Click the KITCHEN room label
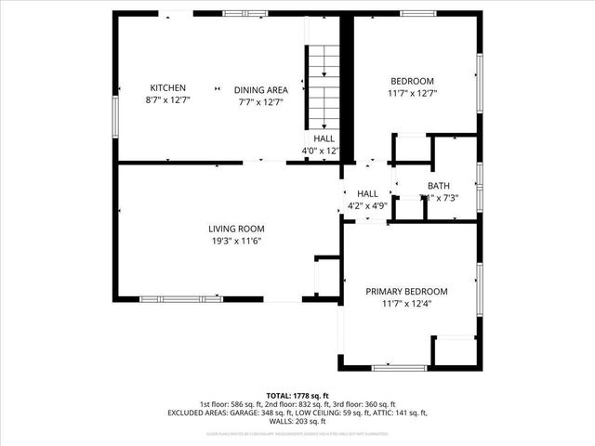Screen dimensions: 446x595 [168, 87]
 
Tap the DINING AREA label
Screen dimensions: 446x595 [260, 90]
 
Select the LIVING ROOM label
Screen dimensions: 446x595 [236, 228]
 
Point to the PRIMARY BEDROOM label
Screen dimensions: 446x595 [406, 291]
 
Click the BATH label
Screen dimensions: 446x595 [439, 186]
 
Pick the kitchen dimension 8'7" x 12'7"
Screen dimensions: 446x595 [168, 99]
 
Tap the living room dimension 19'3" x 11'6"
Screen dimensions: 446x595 [236, 241]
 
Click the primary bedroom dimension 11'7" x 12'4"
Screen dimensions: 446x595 [406, 304]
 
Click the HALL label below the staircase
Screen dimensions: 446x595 [324, 138]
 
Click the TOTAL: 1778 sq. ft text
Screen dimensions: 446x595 [297, 396]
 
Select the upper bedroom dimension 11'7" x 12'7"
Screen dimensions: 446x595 [412, 93]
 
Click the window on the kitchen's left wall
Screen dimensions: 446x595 [115, 115]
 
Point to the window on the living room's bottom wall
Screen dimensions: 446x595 [187, 299]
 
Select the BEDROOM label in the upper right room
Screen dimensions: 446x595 [412, 81]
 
